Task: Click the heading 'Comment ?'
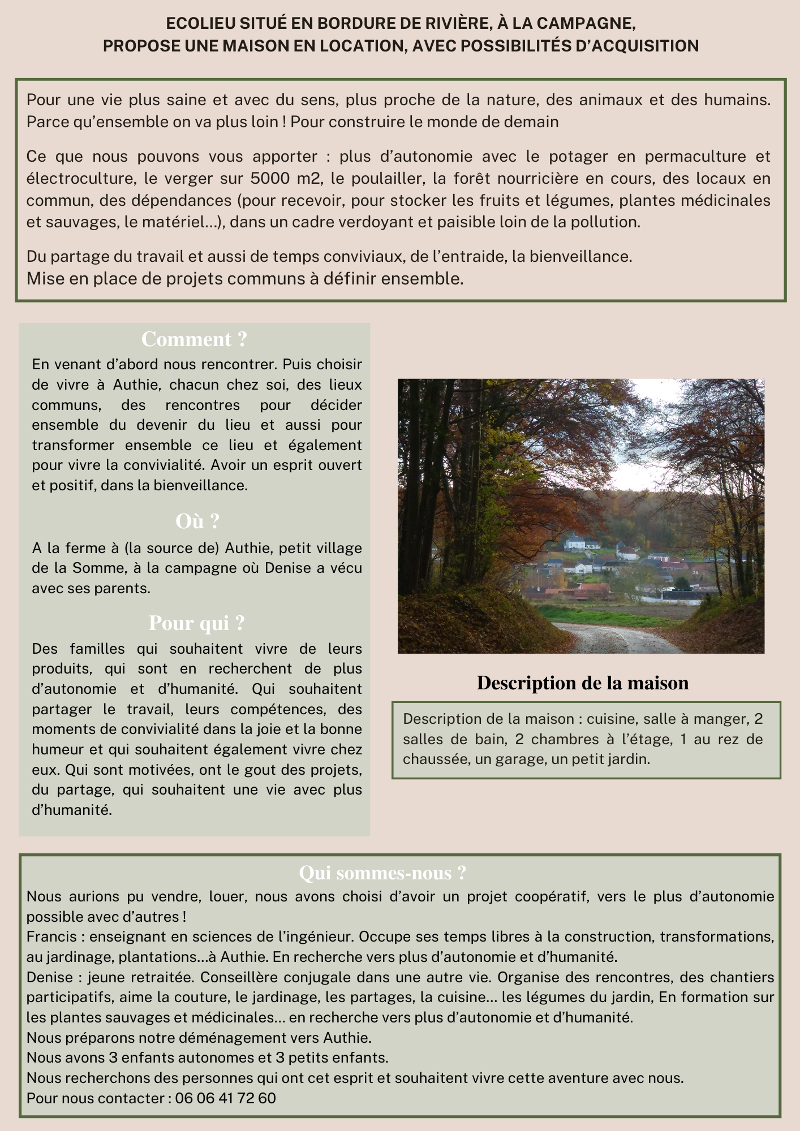coord(194,339)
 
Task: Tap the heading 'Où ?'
coord(197,521)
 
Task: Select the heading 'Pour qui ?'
coord(196,623)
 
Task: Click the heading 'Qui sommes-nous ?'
coord(382,873)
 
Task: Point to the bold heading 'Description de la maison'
coord(582,683)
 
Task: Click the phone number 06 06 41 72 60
coord(226,1098)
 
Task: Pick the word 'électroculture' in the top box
coord(80,179)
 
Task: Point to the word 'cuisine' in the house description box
coord(609,719)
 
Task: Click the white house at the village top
coord(580,542)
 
